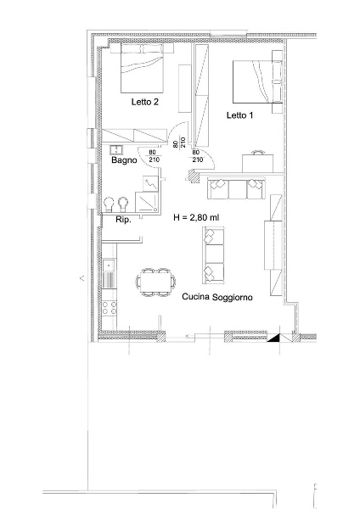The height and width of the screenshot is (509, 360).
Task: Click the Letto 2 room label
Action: [145, 102]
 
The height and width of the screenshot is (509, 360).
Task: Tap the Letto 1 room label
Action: [239, 115]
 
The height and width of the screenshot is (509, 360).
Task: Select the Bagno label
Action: [124, 160]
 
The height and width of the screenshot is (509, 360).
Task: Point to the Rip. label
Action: [123, 220]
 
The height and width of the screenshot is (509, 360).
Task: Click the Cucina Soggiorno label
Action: [217, 297]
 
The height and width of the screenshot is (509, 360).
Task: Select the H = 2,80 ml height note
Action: [196, 217]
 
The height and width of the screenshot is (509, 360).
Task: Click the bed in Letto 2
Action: [142, 68]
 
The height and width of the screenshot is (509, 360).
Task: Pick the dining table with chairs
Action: [155, 282]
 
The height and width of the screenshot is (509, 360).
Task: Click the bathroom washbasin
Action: [116, 149]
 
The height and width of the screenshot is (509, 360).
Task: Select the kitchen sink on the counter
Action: [109, 266]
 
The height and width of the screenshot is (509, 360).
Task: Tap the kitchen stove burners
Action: [110, 308]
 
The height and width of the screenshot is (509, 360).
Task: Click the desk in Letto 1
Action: [257, 163]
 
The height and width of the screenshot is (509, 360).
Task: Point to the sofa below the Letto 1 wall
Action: [236, 188]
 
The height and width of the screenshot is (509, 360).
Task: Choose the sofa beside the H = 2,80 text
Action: [213, 255]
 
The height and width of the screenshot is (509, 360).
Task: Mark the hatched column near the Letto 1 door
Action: [194, 176]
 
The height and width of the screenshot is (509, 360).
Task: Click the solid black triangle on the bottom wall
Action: [273, 338]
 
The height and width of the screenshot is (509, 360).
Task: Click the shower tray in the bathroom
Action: [147, 202]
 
